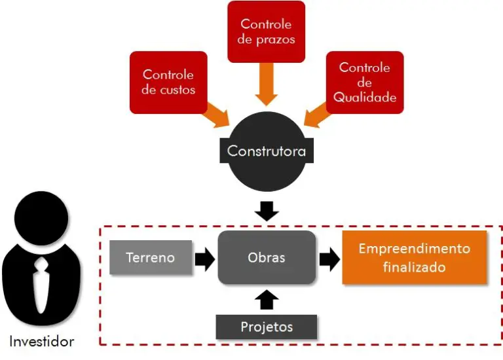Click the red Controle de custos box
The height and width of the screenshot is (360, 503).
[x=168, y=82]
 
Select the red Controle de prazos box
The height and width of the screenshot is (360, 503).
[x=266, y=31]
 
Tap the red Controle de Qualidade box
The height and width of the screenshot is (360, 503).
[x=364, y=82]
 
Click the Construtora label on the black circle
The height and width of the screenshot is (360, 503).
[x=266, y=151]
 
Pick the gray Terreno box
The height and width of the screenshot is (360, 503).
[x=151, y=257]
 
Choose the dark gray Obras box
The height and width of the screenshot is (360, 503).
[x=266, y=257]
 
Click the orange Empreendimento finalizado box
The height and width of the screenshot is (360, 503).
[x=414, y=258]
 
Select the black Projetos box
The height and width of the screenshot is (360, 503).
[x=266, y=327]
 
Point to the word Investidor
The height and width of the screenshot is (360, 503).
[x=42, y=341]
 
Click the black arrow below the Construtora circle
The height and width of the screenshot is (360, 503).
[x=266, y=209]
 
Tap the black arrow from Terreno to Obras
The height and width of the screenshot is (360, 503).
[x=205, y=258]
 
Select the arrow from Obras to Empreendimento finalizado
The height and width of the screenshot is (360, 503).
[x=329, y=258]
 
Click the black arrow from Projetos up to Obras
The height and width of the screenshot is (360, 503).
[x=266, y=300]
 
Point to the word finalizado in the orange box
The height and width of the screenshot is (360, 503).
[x=414, y=267]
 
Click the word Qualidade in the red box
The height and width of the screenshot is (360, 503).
[x=365, y=97]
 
